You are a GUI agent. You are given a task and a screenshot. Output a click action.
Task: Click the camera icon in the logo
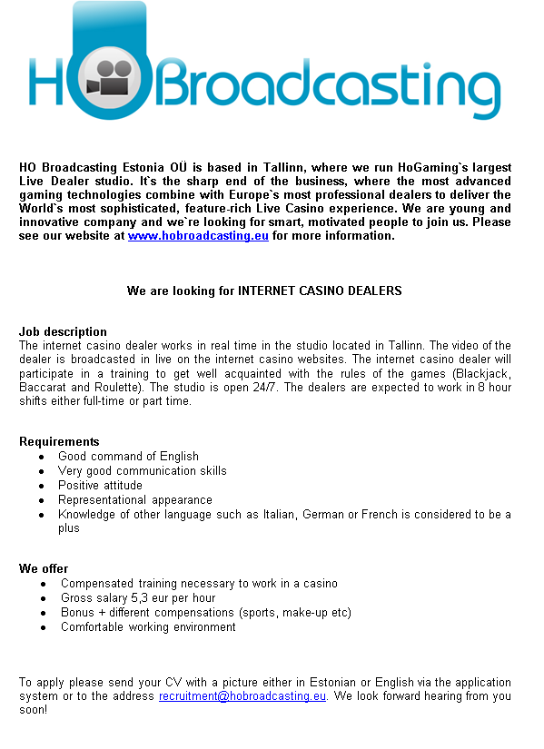109,79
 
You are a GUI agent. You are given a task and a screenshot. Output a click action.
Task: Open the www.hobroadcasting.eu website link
198,236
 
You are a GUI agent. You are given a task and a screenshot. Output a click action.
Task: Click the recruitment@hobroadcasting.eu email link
242,696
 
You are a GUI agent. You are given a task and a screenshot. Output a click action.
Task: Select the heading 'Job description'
63,331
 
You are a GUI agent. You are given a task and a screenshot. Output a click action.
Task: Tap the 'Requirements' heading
59,442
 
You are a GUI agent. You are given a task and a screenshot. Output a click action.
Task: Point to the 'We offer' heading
44,569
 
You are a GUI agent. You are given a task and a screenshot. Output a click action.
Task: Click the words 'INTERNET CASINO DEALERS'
320,291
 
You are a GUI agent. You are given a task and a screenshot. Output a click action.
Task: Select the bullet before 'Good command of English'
42,457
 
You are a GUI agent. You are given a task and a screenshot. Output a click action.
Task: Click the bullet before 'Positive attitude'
42,486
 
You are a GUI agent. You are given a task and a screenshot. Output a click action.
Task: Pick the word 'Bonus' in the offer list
77,613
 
